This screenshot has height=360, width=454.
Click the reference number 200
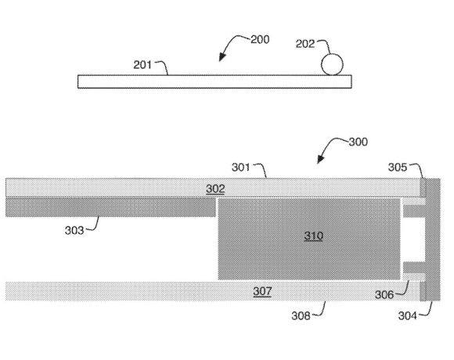pyautogui.click(x=260, y=39)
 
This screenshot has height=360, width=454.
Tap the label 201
pyautogui.click(x=142, y=64)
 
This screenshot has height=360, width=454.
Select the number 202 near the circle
pyautogui.click(x=305, y=44)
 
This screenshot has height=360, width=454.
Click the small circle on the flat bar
pyautogui.click(x=332, y=64)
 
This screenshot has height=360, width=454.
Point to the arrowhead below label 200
pyautogui.click(x=222, y=57)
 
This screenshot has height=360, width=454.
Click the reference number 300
pyautogui.click(x=359, y=142)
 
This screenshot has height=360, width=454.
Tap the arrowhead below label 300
pyautogui.click(x=320, y=159)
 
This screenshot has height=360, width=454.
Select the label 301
pyautogui.click(x=240, y=167)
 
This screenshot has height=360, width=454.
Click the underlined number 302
pyautogui.click(x=215, y=189)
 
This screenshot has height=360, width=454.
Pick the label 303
pyautogui.click(x=74, y=230)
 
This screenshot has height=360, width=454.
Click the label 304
pyautogui.click(x=407, y=315)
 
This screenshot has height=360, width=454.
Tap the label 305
pyautogui.click(x=398, y=167)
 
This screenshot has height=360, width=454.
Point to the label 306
pyautogui.click(x=384, y=294)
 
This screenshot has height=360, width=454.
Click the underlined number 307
pyautogui.click(x=262, y=291)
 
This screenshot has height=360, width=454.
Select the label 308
pyautogui.click(x=301, y=315)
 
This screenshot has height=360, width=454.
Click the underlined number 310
pyautogui.click(x=314, y=236)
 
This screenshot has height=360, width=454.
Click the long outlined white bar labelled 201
pyautogui.click(x=214, y=81)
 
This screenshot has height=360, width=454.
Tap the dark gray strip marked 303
pyautogui.click(x=110, y=207)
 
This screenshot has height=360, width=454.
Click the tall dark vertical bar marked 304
pyautogui.click(x=433, y=239)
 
